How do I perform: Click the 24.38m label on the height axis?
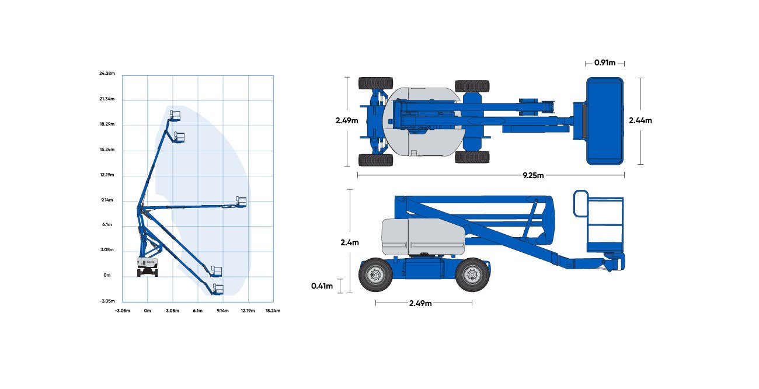click(107, 73)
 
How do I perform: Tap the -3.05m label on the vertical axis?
click(107, 301)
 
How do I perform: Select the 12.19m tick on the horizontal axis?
click(248, 310)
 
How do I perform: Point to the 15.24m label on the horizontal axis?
click(273, 310)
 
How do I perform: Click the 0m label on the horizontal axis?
click(147, 310)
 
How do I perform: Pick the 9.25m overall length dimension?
click(533, 175)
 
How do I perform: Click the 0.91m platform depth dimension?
click(605, 62)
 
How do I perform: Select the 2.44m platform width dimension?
click(640, 120)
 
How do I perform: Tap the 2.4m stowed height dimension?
click(350, 242)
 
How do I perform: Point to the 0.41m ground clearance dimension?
click(322, 286)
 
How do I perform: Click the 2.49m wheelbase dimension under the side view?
click(420, 303)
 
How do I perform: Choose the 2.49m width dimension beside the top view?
click(347, 120)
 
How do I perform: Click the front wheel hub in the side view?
click(472, 275)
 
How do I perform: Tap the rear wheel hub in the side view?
click(375, 275)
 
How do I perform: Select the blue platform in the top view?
click(605, 121)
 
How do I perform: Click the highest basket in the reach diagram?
click(175, 115)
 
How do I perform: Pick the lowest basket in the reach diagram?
click(218, 289)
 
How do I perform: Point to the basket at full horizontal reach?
click(241, 202)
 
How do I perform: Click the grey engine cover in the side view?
click(423, 237)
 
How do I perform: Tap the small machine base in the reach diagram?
click(147, 268)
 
